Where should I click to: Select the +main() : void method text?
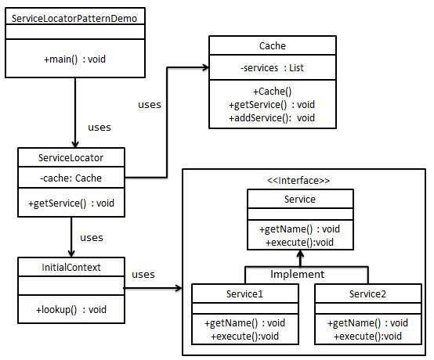point(75,59)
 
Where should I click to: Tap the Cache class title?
point(271,46)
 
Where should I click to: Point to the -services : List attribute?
point(272,68)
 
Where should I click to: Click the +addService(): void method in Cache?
point(272,117)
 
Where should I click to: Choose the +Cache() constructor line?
point(271,91)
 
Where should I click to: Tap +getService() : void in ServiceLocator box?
point(70,203)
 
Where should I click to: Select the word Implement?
point(297,274)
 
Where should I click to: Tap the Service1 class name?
point(244,294)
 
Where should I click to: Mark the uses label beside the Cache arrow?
point(150,103)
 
